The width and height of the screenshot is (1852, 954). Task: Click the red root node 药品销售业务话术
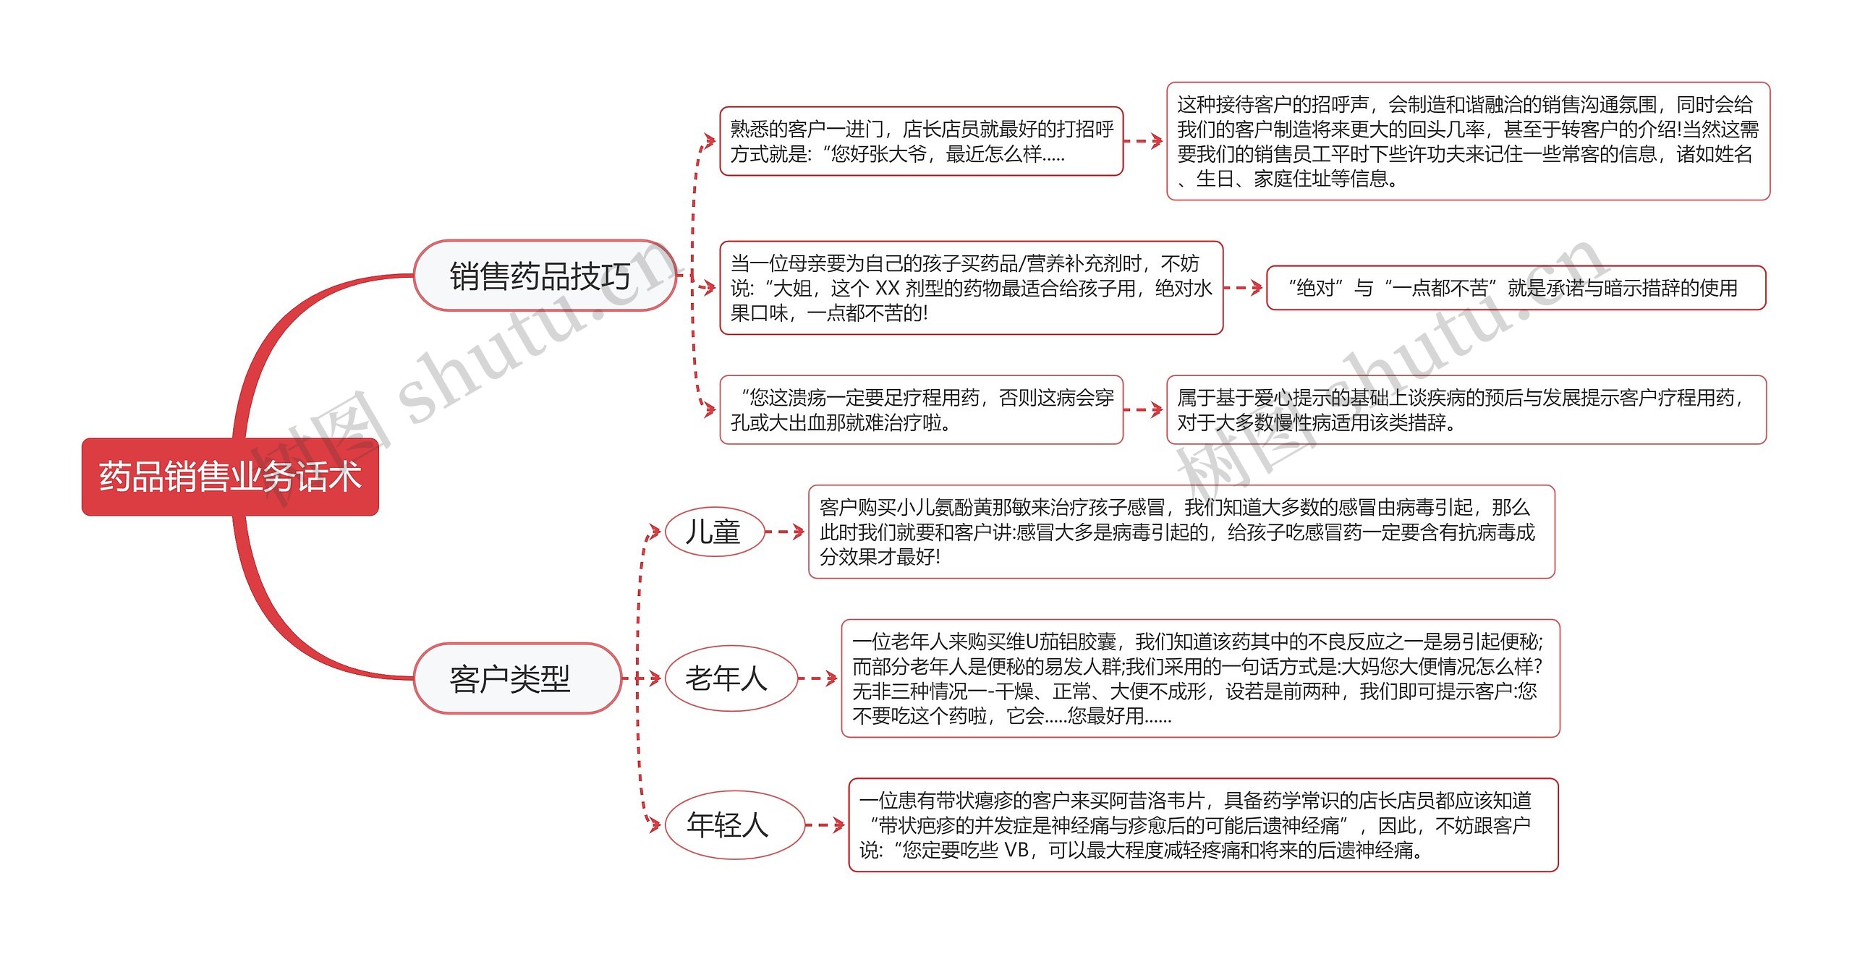pyautogui.click(x=230, y=477)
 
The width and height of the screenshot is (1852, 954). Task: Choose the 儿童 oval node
pyautogui.click(x=714, y=532)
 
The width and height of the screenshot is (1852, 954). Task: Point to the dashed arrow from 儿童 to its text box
pyautogui.click(x=785, y=532)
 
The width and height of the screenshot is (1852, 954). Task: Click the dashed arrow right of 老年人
pyautogui.click(x=817, y=678)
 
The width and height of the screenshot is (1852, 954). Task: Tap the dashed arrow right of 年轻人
pyautogui.click(x=825, y=825)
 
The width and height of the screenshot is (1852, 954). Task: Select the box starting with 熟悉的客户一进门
pyautogui.click(x=921, y=141)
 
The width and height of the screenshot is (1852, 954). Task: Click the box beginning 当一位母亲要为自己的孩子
pyautogui.click(x=971, y=288)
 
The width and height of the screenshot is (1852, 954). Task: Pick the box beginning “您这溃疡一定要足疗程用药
pyautogui.click(x=921, y=409)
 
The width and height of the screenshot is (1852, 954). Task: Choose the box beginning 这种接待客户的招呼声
pyautogui.click(x=1468, y=141)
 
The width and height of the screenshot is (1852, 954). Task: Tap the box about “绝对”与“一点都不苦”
pyautogui.click(x=1516, y=288)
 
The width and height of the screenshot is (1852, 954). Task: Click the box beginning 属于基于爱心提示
pyautogui.click(x=1466, y=409)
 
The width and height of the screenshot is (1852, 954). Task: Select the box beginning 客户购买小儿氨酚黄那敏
pyautogui.click(x=1181, y=532)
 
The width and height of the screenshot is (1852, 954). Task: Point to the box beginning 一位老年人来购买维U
pyautogui.click(x=1200, y=678)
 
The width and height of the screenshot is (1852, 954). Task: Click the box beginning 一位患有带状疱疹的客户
pyautogui.click(x=1203, y=825)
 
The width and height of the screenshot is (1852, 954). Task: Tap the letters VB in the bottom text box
pyautogui.click(x=1016, y=850)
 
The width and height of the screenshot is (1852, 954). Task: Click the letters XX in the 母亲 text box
pyautogui.click(x=887, y=289)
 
